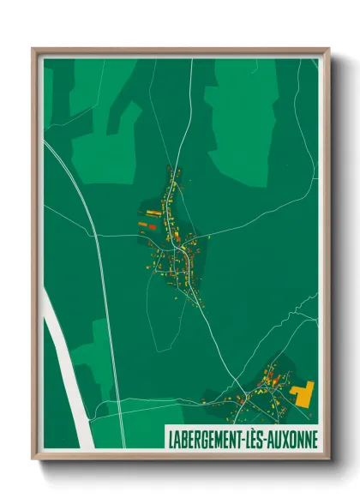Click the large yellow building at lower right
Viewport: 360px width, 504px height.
tap(303, 393)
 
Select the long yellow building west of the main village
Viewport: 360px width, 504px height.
tap(153, 212)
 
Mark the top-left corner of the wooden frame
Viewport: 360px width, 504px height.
tap(33, 50)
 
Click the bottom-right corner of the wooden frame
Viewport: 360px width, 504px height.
tap(327, 459)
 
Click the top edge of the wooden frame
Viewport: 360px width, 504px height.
tap(180, 51)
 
